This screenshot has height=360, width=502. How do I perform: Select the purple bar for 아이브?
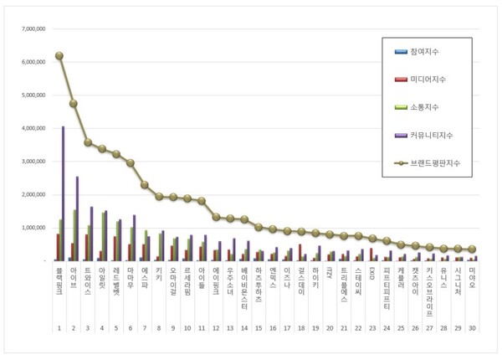tap(77, 219)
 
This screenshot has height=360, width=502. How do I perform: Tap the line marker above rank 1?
tap(59, 55)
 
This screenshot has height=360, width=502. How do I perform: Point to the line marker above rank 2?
tap(74, 103)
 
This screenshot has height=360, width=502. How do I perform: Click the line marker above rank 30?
tap(472, 249)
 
